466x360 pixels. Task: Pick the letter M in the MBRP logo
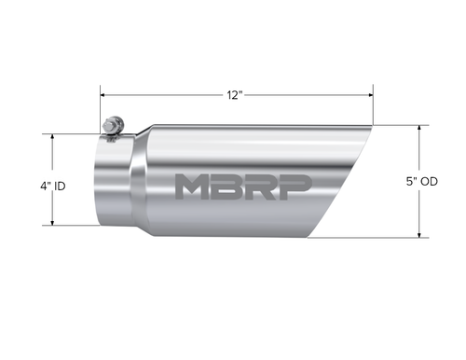pyautogui.click(x=194, y=187)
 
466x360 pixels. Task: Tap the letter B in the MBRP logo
pyautogui.click(x=228, y=187)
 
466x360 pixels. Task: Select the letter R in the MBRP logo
pyautogui.click(x=261, y=187)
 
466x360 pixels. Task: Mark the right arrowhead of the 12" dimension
pyautogui.click(x=370, y=94)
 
